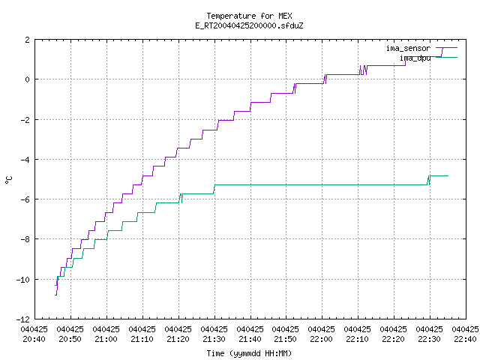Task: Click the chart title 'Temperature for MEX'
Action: pyautogui.click(x=249, y=16)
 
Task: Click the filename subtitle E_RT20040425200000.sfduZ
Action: pyautogui.click(x=249, y=25)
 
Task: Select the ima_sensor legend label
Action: pyautogui.click(x=408, y=48)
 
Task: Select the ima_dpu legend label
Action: pyautogui.click(x=415, y=58)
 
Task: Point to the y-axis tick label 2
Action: pyautogui.click(x=28, y=40)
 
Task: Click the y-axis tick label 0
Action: pyautogui.click(x=28, y=79)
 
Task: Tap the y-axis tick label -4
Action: pyautogui.click(x=25, y=160)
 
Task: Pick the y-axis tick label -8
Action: pyautogui.click(x=25, y=239)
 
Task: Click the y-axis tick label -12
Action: pyautogui.click(x=23, y=319)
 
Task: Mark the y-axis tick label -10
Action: pyautogui.click(x=23, y=280)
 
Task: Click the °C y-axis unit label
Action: pyautogui.click(x=8, y=180)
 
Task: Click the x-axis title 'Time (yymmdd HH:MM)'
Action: pyautogui.click(x=249, y=353)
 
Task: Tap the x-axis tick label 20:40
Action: pyautogui.click(x=34, y=339)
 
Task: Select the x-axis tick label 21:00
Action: pyautogui.click(x=106, y=339)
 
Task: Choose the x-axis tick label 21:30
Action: pyautogui.click(x=214, y=339)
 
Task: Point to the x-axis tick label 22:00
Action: pyautogui.click(x=322, y=339)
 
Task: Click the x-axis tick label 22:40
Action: pyautogui.click(x=465, y=339)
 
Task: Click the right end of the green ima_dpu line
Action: pyautogui.click(x=448, y=175)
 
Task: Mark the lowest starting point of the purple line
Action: pyautogui.click(x=55, y=295)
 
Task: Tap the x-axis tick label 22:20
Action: pyautogui.click(x=393, y=339)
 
